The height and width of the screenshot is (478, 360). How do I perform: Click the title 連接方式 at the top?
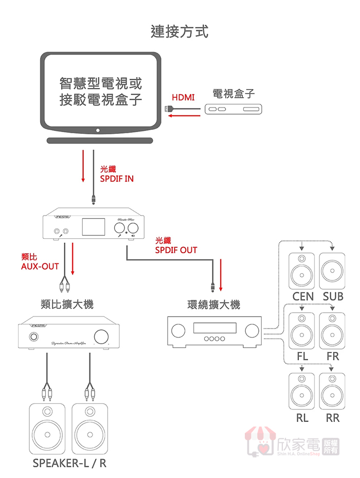tap(179, 31)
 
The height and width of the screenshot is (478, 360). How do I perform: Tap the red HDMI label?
tap(183, 97)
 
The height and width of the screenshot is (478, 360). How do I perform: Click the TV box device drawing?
tap(233, 109)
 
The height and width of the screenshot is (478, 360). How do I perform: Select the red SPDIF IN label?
tap(117, 174)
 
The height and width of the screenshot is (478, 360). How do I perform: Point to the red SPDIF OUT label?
tap(176, 245)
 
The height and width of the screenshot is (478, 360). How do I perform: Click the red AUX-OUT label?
tap(40, 261)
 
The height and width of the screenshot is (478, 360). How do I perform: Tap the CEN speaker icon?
tap(301, 271)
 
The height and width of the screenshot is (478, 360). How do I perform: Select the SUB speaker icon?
tap(332, 271)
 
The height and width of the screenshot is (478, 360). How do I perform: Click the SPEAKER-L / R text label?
tap(69, 463)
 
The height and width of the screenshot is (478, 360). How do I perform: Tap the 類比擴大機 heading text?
tap(67, 304)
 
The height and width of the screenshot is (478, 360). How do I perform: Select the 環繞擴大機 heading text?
tap(213, 305)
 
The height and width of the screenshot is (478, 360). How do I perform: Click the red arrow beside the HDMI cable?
tap(185, 116)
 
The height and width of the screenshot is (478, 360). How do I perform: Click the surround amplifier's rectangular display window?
tap(214, 328)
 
